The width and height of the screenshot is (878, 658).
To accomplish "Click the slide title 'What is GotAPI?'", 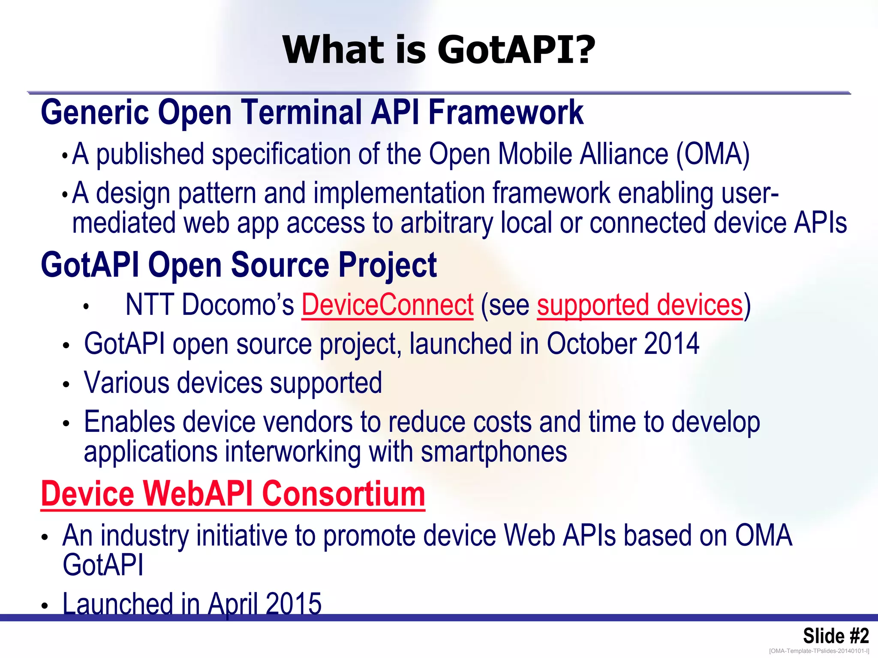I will point(439,50).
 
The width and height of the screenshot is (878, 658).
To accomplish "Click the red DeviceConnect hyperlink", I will point(388,305).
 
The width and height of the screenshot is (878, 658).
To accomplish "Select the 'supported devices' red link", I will point(640,305).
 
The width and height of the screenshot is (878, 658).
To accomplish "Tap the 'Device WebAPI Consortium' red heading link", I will point(233,494).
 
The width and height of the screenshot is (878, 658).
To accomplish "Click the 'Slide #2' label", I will point(836,636).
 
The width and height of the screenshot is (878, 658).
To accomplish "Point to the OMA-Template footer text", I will point(819,651).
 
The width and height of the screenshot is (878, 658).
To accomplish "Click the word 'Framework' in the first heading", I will point(506,112).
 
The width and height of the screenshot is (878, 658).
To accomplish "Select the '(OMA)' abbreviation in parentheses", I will point(713,154).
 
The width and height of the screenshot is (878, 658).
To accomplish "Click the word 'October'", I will point(591,344).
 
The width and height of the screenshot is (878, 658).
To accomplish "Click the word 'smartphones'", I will point(493,452).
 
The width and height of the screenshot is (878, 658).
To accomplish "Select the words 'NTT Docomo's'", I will point(210,305).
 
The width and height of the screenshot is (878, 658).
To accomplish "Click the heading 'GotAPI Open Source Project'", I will point(239,265).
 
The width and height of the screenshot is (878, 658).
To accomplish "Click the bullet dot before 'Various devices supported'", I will point(66,384).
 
